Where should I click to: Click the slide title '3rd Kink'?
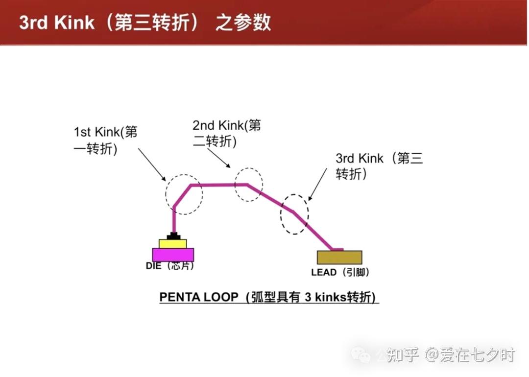coord(57,23)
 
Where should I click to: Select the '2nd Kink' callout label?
coord(227,133)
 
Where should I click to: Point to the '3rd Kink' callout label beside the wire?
coord(379,166)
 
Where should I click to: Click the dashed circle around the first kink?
coord(166,194)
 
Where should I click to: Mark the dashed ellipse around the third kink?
coord(281,214)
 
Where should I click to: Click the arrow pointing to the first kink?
coord(152,165)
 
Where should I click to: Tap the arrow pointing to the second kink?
coord(219,158)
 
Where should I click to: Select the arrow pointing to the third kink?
coord(317,185)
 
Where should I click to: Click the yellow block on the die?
coord(173,244)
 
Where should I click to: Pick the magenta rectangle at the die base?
coord(173,255)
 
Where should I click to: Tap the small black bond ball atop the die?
coord(173,236)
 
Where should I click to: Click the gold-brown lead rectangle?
coord(339,258)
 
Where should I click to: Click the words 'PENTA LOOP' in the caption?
coord(199,297)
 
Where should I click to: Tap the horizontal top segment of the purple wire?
coord(219,185)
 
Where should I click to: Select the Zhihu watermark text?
coord(451,355)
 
